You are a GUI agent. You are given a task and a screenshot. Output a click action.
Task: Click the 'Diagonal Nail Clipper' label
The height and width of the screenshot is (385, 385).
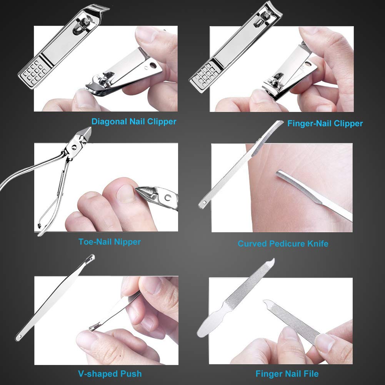click(x=134, y=122)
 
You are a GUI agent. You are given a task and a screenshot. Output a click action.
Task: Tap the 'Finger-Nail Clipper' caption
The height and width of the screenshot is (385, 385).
click(x=325, y=123)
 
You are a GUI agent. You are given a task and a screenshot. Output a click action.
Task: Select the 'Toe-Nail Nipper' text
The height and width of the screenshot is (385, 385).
click(x=110, y=242)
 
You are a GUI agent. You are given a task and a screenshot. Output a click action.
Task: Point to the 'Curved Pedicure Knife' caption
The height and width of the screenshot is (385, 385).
click(x=283, y=243)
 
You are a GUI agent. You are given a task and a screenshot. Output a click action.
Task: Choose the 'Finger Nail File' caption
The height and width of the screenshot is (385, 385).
click(x=287, y=373)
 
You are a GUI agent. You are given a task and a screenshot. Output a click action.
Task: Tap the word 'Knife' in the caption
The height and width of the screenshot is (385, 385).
click(x=317, y=243)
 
